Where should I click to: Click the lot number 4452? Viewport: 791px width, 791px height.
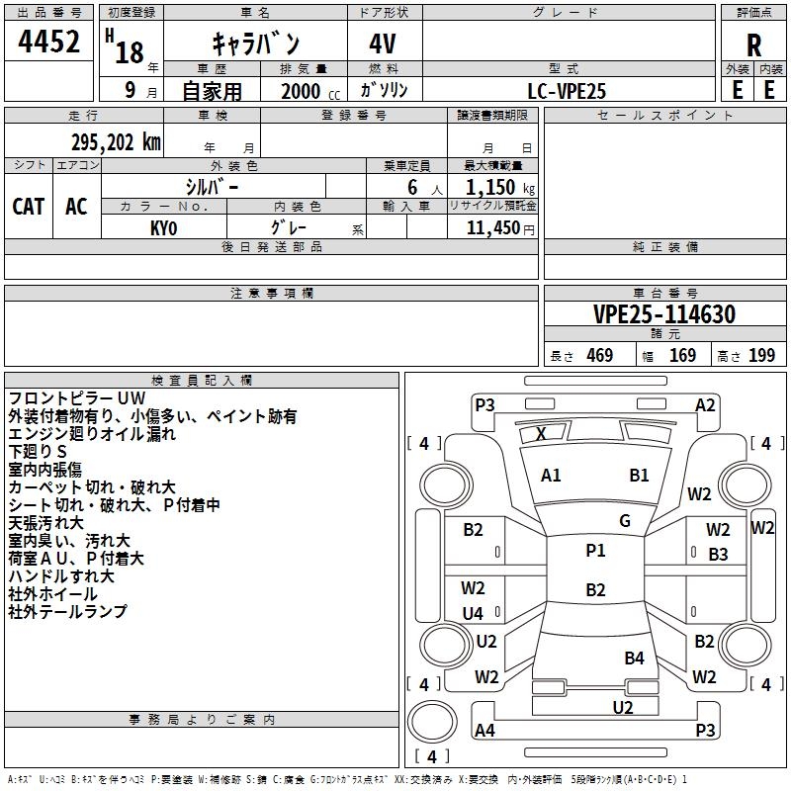pyautogui.click(x=48, y=42)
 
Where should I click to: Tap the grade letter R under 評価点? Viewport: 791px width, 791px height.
pyautogui.click(x=753, y=45)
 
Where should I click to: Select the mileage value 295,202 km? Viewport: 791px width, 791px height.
pyautogui.click(x=116, y=142)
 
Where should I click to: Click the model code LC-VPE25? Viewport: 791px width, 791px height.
pyautogui.click(x=567, y=91)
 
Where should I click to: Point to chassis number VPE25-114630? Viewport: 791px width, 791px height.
pyautogui.click(x=664, y=314)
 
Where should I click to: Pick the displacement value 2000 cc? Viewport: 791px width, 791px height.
pyautogui.click(x=310, y=91)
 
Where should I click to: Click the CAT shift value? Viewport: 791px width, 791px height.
pyautogui.click(x=29, y=207)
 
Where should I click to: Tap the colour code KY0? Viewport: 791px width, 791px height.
pyautogui.click(x=163, y=228)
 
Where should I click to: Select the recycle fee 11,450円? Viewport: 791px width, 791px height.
pyautogui.click(x=500, y=228)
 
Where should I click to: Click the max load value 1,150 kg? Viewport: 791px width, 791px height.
pyautogui.click(x=500, y=188)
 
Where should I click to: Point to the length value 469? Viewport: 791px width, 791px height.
pyautogui.click(x=600, y=355)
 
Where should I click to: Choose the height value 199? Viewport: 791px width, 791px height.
pyautogui.click(x=761, y=355)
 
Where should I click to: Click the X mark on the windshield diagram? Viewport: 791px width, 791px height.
pyautogui.click(x=541, y=433)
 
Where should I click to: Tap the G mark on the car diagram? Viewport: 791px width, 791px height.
pyautogui.click(x=625, y=520)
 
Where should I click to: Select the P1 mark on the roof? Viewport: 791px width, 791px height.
pyautogui.click(x=595, y=550)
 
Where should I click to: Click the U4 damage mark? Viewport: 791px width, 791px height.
pyautogui.click(x=473, y=613)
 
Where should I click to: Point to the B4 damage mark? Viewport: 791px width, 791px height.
pyautogui.click(x=634, y=658)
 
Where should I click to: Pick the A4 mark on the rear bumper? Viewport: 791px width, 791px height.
pyautogui.click(x=484, y=730)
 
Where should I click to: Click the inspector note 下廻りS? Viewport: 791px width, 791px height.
pyautogui.click(x=38, y=451)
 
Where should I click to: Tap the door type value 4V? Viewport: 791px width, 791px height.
pyautogui.click(x=383, y=44)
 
